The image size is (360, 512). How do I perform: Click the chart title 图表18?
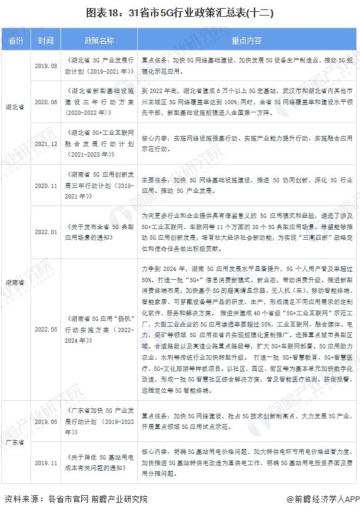[180, 12]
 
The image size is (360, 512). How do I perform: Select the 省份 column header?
[16, 41]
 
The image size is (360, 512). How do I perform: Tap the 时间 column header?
[45, 41]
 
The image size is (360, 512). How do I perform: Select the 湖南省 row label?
[16, 282]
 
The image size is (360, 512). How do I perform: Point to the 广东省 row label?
[16, 441]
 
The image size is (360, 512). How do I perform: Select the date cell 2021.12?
[46, 143]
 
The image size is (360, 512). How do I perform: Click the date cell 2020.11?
[46, 185]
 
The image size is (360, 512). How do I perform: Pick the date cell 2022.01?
[46, 232]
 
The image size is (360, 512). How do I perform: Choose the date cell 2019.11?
[46, 463]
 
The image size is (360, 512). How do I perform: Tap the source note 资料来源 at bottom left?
[75, 499]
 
